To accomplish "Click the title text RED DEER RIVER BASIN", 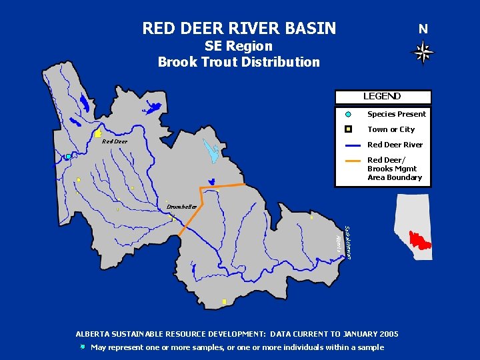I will (239, 29).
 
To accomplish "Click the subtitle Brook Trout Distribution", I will (239, 62).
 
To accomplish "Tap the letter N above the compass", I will (423, 29).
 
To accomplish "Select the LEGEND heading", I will (382, 97).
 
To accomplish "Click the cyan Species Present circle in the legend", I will (348, 114).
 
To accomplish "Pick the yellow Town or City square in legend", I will (348, 129).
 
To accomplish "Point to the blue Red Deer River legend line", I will (354, 145).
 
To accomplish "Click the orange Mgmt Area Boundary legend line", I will (354, 161).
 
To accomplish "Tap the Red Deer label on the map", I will (114, 141).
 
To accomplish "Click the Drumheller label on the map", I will (182, 207).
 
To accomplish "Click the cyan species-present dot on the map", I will (68, 157).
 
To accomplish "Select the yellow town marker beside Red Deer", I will (98, 134).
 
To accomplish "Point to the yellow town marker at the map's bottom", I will (224, 302).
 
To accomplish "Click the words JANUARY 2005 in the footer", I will (371, 333).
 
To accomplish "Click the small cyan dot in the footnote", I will (82, 347).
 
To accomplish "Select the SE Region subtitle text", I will (239, 46).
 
